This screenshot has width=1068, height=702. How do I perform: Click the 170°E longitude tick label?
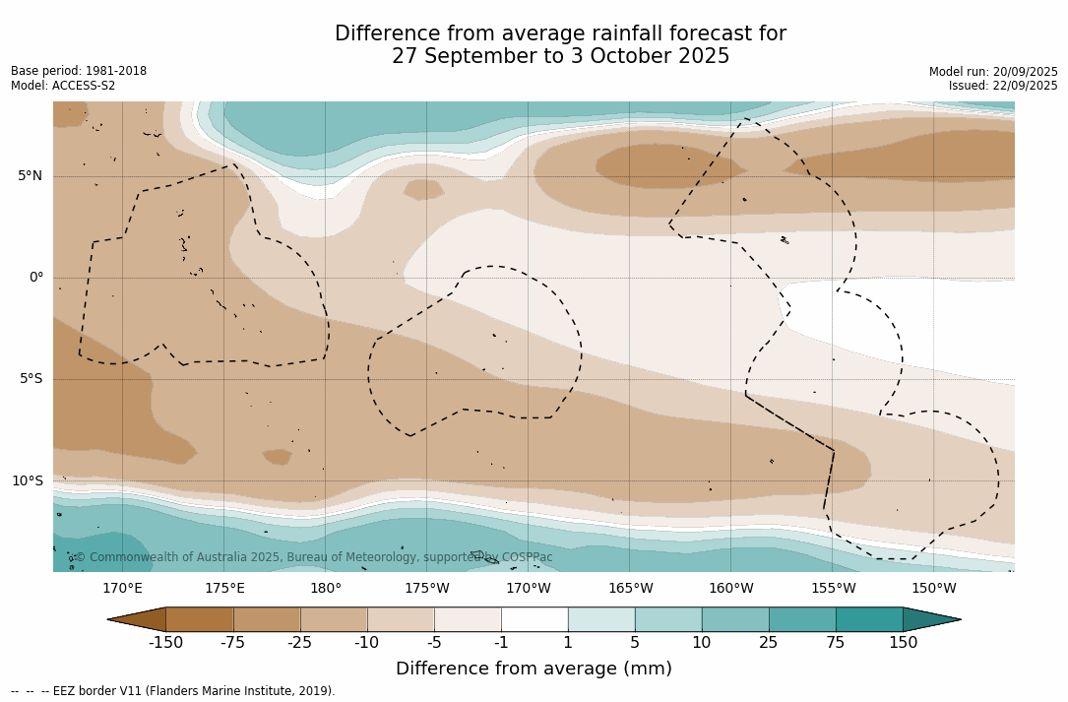[x=122, y=589]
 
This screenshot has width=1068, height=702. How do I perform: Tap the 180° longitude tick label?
[x=326, y=589]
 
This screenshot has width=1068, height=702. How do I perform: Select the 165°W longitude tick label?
[x=630, y=589]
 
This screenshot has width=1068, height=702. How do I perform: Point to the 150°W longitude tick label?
[x=933, y=589]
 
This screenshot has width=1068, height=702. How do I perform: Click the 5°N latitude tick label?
[x=30, y=176]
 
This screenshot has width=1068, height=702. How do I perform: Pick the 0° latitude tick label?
[x=36, y=278]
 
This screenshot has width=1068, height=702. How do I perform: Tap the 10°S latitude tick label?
[x=27, y=481]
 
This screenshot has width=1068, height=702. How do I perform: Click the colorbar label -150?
[x=165, y=643]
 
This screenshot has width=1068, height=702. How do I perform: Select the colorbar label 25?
[x=769, y=643]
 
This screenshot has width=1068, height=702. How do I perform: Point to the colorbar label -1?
[x=501, y=643]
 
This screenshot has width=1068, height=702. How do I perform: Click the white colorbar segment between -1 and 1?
[x=534, y=619]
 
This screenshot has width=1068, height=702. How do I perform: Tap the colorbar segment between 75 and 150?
[x=869, y=619]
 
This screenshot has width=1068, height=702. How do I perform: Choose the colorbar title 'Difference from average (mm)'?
[x=534, y=670]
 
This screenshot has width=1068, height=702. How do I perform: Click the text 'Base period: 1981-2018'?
[x=79, y=71]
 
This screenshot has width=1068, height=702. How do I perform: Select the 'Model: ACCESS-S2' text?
[x=63, y=86]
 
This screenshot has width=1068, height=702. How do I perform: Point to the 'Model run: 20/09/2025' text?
[x=993, y=72]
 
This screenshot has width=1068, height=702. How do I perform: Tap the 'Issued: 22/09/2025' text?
[x=1003, y=86]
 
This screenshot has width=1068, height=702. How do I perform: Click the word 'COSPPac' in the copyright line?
[x=527, y=557]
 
